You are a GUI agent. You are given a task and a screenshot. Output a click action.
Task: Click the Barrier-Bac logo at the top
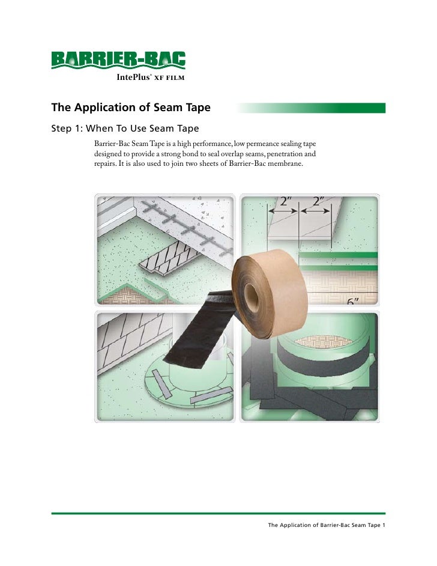click(x=118, y=59)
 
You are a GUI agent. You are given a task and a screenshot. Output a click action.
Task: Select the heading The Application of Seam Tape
click(x=130, y=108)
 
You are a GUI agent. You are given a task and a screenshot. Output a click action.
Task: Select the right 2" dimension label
click(x=316, y=201)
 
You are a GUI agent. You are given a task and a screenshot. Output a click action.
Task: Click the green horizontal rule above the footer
click(x=218, y=514)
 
